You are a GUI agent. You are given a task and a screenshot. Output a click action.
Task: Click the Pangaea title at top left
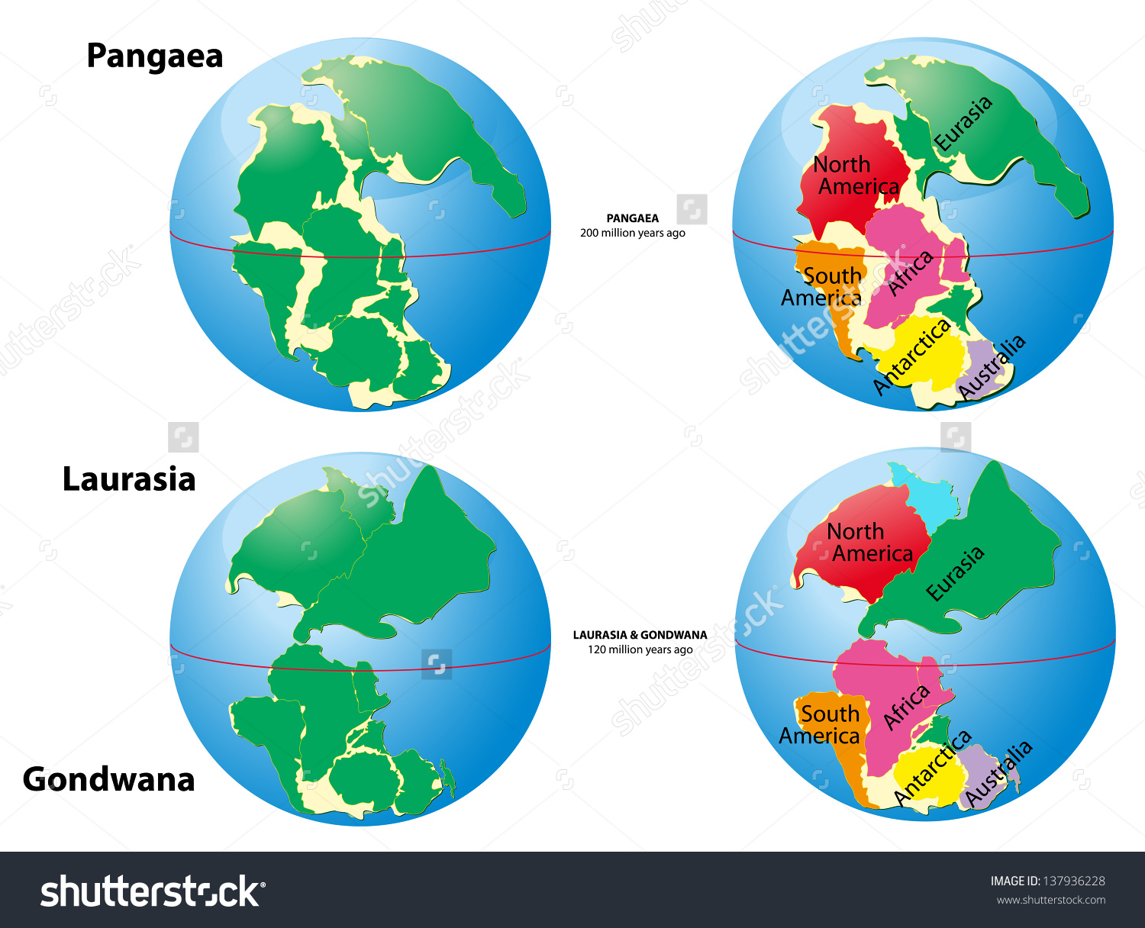[155, 56]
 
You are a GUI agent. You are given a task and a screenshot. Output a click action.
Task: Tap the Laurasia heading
[129, 479]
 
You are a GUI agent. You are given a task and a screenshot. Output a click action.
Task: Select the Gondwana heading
[109, 779]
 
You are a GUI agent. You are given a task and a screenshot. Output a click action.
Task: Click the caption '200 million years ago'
[632, 234]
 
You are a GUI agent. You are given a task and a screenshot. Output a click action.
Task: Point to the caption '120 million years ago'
[640, 650]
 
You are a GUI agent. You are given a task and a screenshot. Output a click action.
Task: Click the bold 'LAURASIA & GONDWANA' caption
[640, 635]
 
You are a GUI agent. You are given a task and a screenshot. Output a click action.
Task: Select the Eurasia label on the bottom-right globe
[955, 574]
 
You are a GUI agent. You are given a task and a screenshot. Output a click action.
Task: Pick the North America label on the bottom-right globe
[869, 543]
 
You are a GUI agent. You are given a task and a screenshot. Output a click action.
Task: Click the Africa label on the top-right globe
[911, 273]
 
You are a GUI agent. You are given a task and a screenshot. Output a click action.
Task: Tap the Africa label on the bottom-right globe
[906, 707]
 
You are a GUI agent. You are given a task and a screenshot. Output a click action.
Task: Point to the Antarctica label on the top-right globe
[911, 356]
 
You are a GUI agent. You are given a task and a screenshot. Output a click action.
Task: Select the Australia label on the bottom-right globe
[998, 772]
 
